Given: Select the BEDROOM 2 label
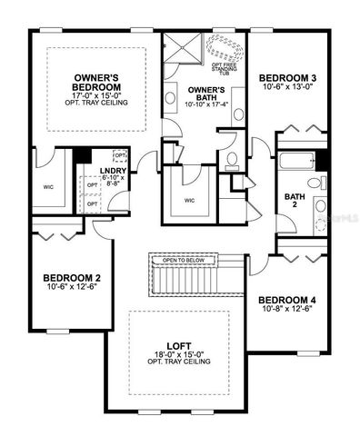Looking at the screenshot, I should point(72,277).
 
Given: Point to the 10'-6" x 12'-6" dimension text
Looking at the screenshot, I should point(72,287).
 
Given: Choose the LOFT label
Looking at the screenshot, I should point(178,346).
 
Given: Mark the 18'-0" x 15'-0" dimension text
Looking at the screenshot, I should point(178,355).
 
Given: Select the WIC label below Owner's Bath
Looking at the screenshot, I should point(189,201).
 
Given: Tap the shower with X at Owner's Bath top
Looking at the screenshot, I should point(185,45).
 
